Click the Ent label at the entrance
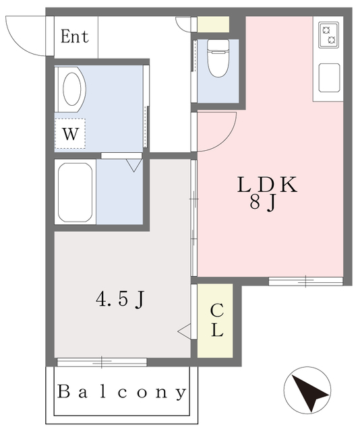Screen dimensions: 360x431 (75, 36)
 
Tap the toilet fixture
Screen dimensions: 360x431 (218, 58)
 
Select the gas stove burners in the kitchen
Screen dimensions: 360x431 (329, 35)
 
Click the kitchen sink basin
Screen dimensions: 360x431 (329, 78)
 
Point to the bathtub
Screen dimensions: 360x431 (75, 192)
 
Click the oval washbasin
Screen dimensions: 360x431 (72, 89)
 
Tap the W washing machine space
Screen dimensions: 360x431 (70, 134)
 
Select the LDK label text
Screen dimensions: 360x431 (267, 185)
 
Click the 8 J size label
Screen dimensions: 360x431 (262, 203)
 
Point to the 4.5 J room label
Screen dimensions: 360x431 (120, 299)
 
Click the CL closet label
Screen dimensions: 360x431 (217, 321)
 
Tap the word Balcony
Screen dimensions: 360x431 (121, 392)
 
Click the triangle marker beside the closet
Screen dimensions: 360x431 (185, 331)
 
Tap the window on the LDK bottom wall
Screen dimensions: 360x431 (306, 281)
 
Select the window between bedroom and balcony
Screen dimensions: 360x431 (102, 362)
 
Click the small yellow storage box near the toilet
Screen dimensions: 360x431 (213, 24)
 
